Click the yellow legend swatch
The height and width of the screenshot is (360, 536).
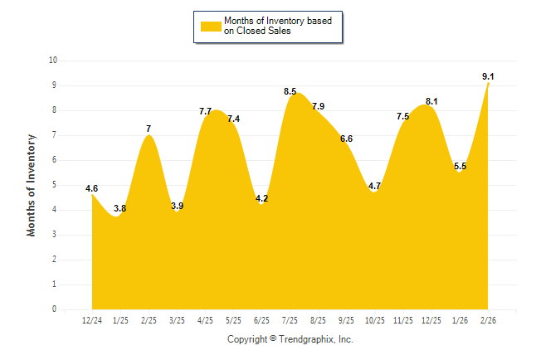pyautogui.click(x=210, y=26)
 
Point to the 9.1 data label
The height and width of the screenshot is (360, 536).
pyautogui.click(x=488, y=76)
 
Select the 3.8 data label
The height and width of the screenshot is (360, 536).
pyautogui.click(x=119, y=208)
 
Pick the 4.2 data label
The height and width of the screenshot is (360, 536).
pyautogui.click(x=262, y=198)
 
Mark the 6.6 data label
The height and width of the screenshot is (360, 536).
pyautogui.click(x=347, y=139)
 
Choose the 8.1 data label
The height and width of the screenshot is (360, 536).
pyautogui.click(x=431, y=101)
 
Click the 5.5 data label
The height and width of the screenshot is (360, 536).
pyautogui.click(x=460, y=166)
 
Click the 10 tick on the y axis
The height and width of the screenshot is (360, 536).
pyautogui.click(x=53, y=61)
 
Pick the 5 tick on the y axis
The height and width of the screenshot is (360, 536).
pyautogui.click(x=55, y=185)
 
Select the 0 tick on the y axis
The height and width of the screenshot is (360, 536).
pyautogui.click(x=55, y=309)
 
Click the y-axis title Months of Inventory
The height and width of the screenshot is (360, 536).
pyautogui.click(x=32, y=185)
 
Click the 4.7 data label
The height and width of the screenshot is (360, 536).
pyautogui.click(x=374, y=186)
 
